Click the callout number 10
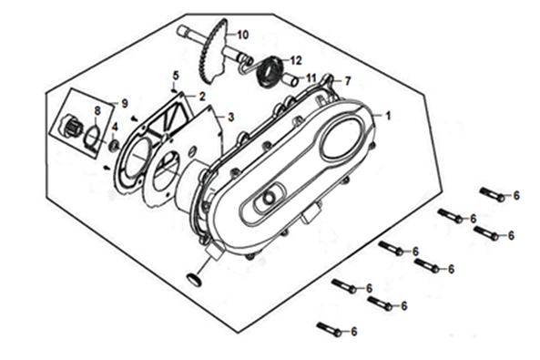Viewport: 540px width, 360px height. (x=242, y=35)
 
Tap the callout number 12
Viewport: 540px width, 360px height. (x=296, y=60)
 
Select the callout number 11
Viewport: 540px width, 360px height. (x=311, y=78)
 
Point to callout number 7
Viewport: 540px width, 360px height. (x=348, y=81)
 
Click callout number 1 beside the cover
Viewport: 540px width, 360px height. (x=389, y=116)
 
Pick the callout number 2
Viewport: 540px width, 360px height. (x=202, y=97)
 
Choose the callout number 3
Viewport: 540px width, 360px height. (x=230, y=118)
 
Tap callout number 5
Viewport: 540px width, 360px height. (x=176, y=76)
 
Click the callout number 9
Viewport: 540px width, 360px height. (x=125, y=103)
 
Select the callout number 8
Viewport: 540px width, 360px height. (x=97, y=110)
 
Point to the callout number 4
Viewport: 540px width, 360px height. (x=115, y=127)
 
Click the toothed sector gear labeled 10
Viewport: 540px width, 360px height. (x=213, y=52)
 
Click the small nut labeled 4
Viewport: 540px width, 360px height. (x=114, y=145)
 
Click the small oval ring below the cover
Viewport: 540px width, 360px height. (x=193, y=279)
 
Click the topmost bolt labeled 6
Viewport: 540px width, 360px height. (x=493, y=194)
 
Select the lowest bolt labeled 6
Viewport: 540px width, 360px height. (x=330, y=329)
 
